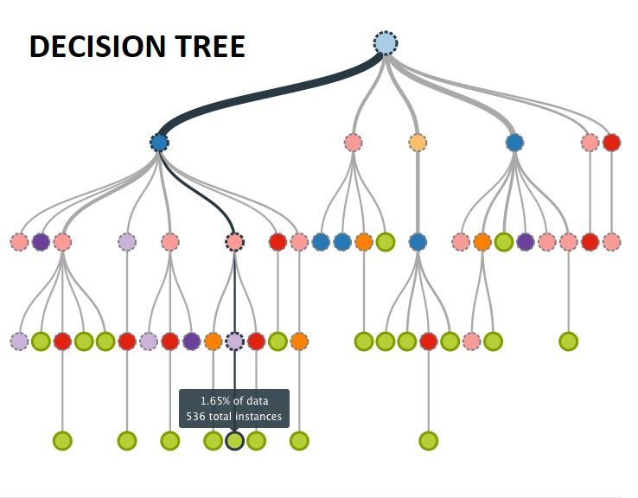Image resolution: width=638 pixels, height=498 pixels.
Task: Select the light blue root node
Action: click(386, 43)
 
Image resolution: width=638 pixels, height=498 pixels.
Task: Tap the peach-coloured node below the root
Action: click(418, 143)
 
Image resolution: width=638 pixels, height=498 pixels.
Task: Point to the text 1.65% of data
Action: click(234, 401)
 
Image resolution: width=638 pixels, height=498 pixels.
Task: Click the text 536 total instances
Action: click(234, 417)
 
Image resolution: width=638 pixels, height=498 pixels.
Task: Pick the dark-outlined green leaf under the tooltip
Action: click(234, 441)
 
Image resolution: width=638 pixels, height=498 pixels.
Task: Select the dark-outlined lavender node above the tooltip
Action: click(234, 342)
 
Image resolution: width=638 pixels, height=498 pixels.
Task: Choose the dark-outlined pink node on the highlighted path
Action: click(234, 242)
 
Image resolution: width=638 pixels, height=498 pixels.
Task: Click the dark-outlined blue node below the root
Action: click(159, 143)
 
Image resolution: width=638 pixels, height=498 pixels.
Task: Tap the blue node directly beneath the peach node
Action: click(418, 242)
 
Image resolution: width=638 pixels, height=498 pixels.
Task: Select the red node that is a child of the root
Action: click(611, 143)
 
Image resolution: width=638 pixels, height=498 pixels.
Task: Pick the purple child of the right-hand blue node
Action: click(526, 242)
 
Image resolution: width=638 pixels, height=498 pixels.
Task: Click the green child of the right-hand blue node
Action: click(504, 242)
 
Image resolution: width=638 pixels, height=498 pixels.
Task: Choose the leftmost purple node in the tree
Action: click(41, 242)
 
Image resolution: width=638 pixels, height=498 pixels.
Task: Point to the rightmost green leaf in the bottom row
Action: click(429, 441)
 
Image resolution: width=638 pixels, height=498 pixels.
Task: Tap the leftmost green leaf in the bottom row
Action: click(62, 441)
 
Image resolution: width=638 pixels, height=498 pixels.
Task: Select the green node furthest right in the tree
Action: click(568, 342)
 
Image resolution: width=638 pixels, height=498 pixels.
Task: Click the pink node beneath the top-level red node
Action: click(611, 242)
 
